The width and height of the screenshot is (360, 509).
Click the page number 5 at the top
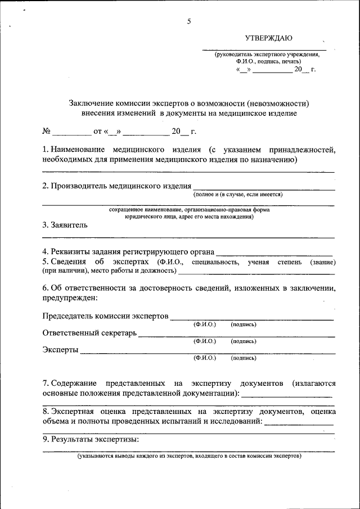point(189,21)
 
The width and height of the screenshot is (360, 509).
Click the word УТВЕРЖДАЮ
point(268,38)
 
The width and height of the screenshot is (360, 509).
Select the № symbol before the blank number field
point(47,132)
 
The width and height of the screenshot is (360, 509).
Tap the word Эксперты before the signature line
point(61,350)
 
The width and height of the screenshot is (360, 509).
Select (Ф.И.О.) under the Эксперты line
point(205,358)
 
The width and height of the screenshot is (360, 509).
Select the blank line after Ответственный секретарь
point(236,335)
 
